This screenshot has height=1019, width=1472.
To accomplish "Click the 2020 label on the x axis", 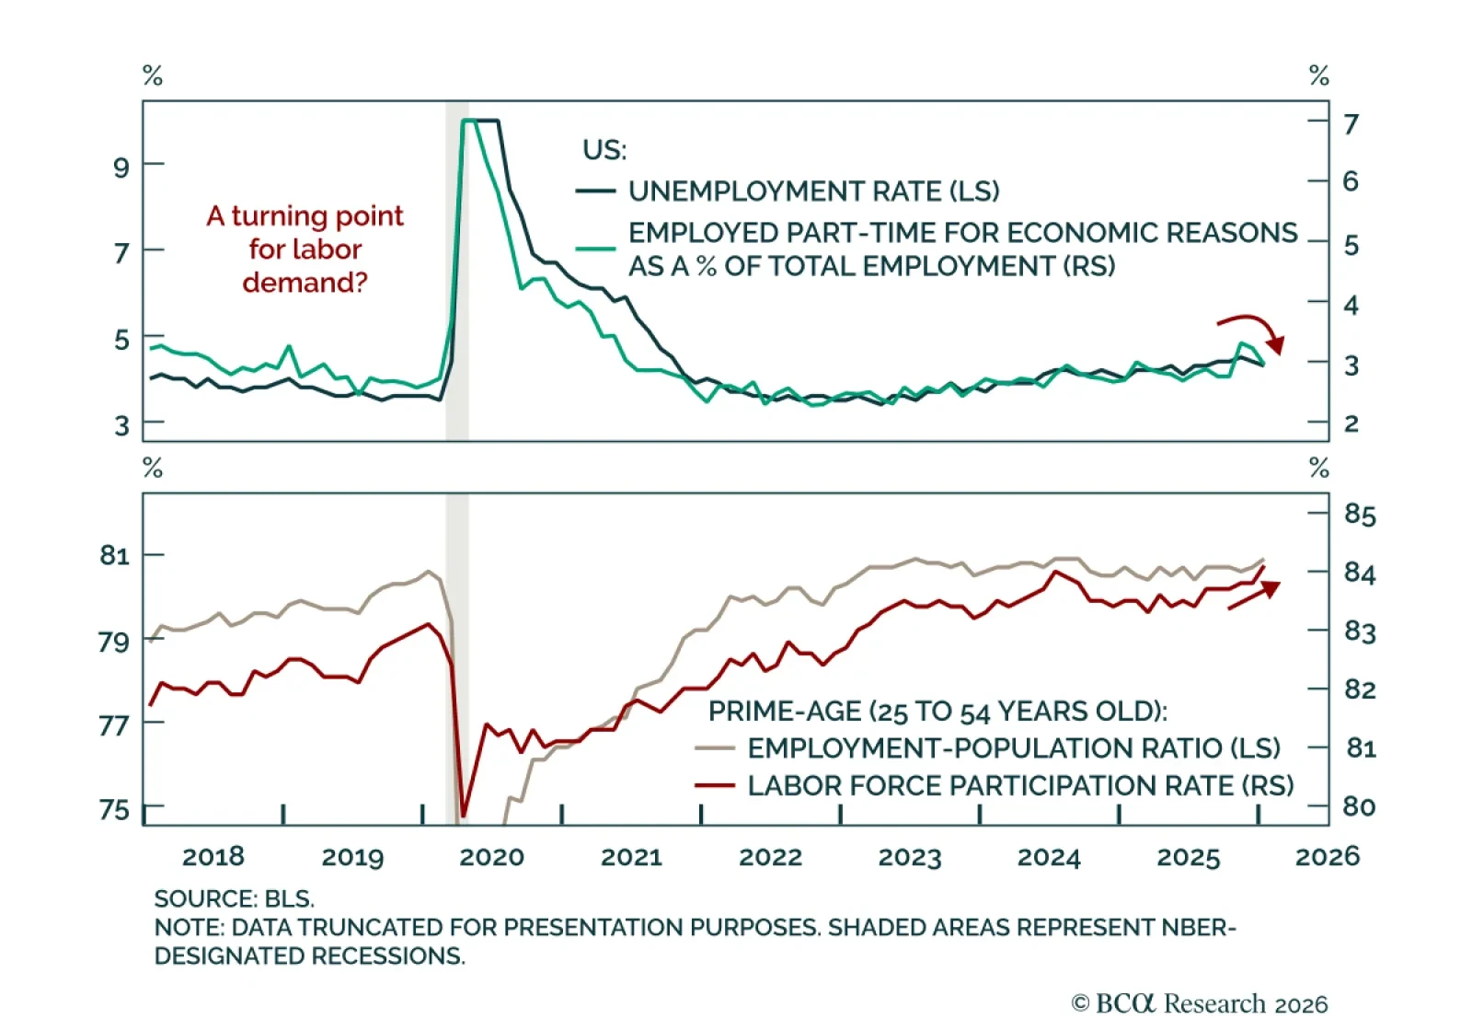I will coord(491,857).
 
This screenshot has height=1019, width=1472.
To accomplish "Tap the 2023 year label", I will coord(910,857).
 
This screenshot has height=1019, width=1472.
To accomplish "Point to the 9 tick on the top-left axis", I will coord(121,167).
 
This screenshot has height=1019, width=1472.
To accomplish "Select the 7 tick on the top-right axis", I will coord(1351,123).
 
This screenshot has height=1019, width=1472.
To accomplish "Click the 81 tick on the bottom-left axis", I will coord(114,555).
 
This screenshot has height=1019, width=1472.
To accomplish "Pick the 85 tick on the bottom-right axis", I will coord(1359,514).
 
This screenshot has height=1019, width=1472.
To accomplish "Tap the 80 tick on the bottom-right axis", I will coord(1359,806).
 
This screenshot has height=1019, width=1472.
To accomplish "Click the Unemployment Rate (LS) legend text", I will coord(813,191).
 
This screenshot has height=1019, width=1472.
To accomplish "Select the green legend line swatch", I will coord(595,249).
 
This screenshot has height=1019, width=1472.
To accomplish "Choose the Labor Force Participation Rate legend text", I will coord(1019,786).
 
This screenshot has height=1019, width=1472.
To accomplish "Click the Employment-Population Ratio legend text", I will coord(1013,748).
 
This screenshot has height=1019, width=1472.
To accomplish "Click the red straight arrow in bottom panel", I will coord(1254,595).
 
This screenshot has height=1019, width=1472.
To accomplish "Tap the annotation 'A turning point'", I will coord(305,216).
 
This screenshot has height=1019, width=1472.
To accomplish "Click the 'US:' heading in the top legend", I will coord(604,150).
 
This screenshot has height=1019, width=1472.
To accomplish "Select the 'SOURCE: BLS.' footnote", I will coord(234,898).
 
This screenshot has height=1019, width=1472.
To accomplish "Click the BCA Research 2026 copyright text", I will coord(1199,1002).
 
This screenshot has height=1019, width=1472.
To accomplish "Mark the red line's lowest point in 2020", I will coord(463,816).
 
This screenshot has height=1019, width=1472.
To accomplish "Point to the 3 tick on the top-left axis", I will coord(121,425).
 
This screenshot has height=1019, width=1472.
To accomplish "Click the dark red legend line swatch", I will coord(715,786).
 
